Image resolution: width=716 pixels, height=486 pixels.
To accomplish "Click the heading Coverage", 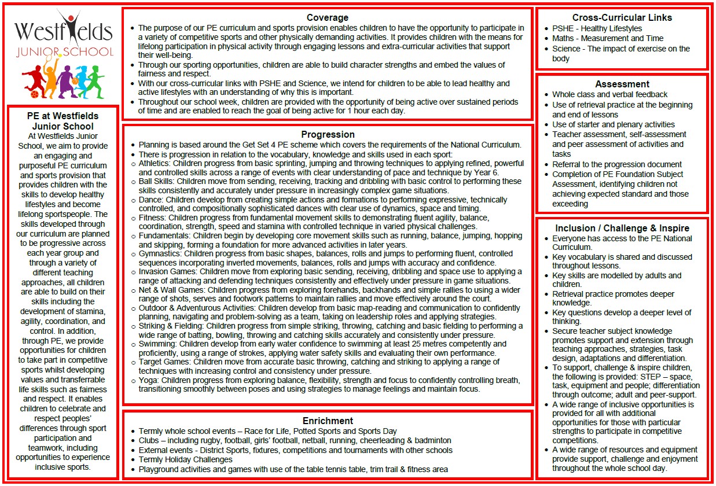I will pos(327,17).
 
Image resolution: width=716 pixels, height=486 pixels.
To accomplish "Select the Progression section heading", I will pos(328,135).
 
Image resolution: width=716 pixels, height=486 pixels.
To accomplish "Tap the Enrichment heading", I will pos(328,421).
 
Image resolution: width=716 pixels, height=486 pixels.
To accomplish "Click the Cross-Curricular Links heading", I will pos(622,17).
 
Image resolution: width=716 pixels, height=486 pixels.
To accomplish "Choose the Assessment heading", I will pos(622,84).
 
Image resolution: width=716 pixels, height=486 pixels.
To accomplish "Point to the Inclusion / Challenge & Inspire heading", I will pos(622,228).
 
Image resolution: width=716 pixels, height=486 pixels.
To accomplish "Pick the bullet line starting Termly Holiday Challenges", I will pos(185,459).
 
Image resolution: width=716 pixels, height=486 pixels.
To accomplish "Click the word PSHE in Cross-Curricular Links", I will pos(564,28).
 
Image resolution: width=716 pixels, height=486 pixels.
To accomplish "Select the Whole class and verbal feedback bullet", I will pos(609,94).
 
